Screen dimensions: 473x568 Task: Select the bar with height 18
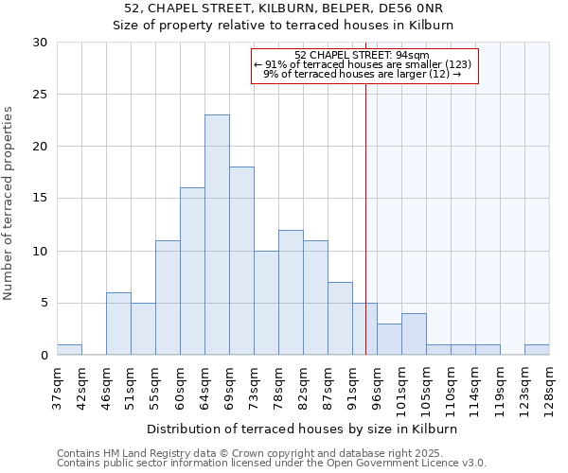tap(241, 261)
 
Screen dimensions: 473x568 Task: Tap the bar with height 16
tap(192, 272)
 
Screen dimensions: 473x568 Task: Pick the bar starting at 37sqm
tap(69, 349)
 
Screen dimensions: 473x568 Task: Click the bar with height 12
tap(291, 292)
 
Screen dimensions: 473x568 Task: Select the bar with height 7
tap(340, 319)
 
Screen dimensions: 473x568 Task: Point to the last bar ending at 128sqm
tap(537, 349)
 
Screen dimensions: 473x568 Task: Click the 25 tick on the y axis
tap(41, 95)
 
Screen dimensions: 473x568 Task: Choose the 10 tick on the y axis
tap(41, 251)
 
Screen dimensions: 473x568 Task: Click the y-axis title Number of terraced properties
tap(9, 203)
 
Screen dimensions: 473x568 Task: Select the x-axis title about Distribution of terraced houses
tap(302, 429)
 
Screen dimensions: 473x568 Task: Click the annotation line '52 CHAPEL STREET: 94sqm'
tap(362, 55)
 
